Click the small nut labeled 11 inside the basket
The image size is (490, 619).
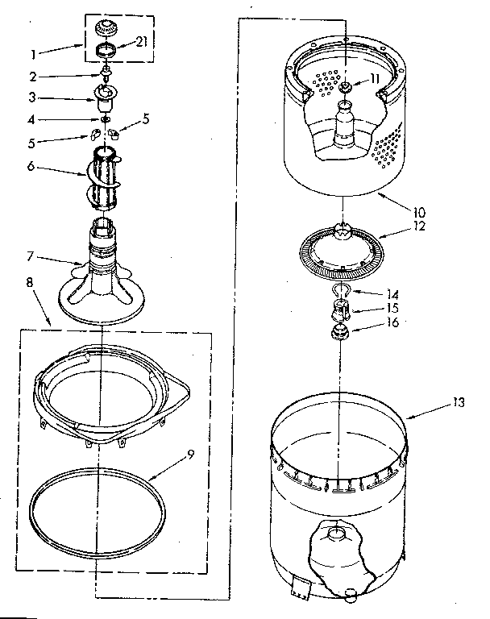click(344, 85)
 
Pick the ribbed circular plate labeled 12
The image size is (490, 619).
click(344, 251)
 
